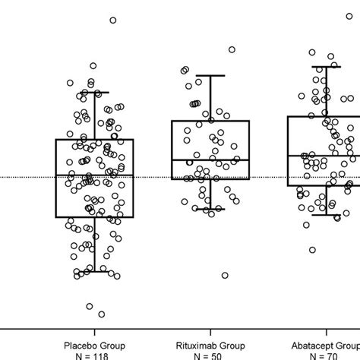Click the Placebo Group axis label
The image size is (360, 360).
(x=94, y=343)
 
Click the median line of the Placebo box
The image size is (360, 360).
(x=94, y=176)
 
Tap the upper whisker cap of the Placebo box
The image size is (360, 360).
(x=94, y=93)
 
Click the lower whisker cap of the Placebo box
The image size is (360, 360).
(x=94, y=270)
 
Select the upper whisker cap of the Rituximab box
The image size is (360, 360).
(x=210, y=75)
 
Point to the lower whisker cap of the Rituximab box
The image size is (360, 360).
(x=210, y=209)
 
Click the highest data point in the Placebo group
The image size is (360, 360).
(x=113, y=21)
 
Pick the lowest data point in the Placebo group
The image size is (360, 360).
(x=102, y=314)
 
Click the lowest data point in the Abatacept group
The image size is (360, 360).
(x=312, y=250)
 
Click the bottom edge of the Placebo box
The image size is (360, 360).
(x=94, y=217)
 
